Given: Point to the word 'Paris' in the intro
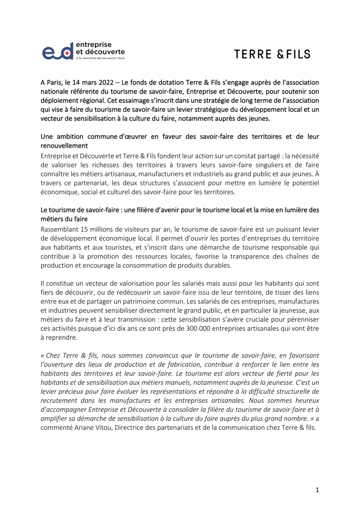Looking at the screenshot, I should click(59, 83).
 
